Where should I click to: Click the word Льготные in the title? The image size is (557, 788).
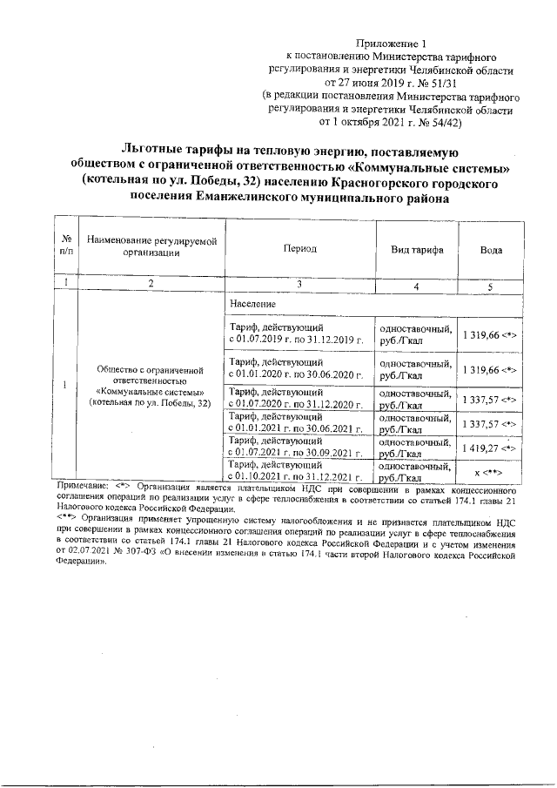pos(159,150)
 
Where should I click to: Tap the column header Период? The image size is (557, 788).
pos(299,249)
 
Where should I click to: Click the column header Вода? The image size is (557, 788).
pos(491,249)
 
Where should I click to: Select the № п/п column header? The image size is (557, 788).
pos(65,249)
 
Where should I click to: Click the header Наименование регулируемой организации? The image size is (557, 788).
pos(151,249)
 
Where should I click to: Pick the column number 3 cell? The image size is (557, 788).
pos(299,284)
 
